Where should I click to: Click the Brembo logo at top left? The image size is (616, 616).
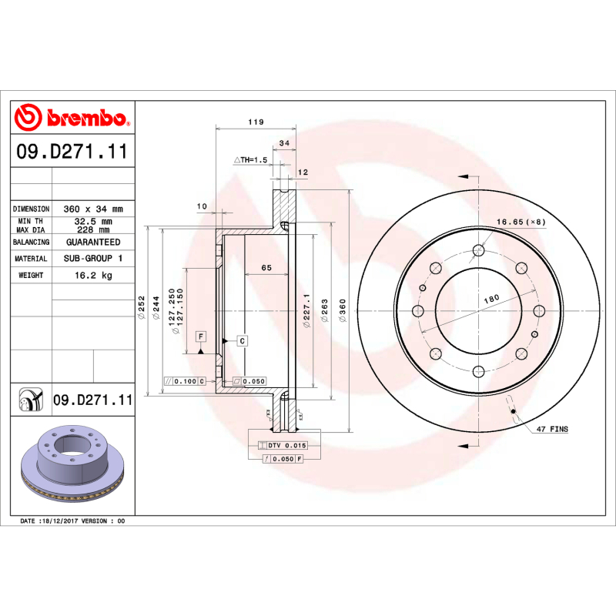tap(72, 117)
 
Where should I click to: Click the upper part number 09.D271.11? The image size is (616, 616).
tap(72, 152)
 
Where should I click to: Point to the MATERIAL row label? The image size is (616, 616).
tap(31, 259)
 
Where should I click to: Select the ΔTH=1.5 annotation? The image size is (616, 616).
tap(250, 159)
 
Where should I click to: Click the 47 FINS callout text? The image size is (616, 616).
tap(552, 428)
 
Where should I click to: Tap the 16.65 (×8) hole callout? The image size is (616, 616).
tap(521, 222)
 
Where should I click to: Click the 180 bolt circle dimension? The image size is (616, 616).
tap(490, 297)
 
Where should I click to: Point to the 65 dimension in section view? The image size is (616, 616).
tap(266, 267)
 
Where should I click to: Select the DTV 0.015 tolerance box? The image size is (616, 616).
tap(286, 446)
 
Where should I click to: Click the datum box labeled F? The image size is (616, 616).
tap(200, 337)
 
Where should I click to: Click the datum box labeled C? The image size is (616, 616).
tap(242, 340)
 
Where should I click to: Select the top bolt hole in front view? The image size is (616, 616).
tap(477, 249)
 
